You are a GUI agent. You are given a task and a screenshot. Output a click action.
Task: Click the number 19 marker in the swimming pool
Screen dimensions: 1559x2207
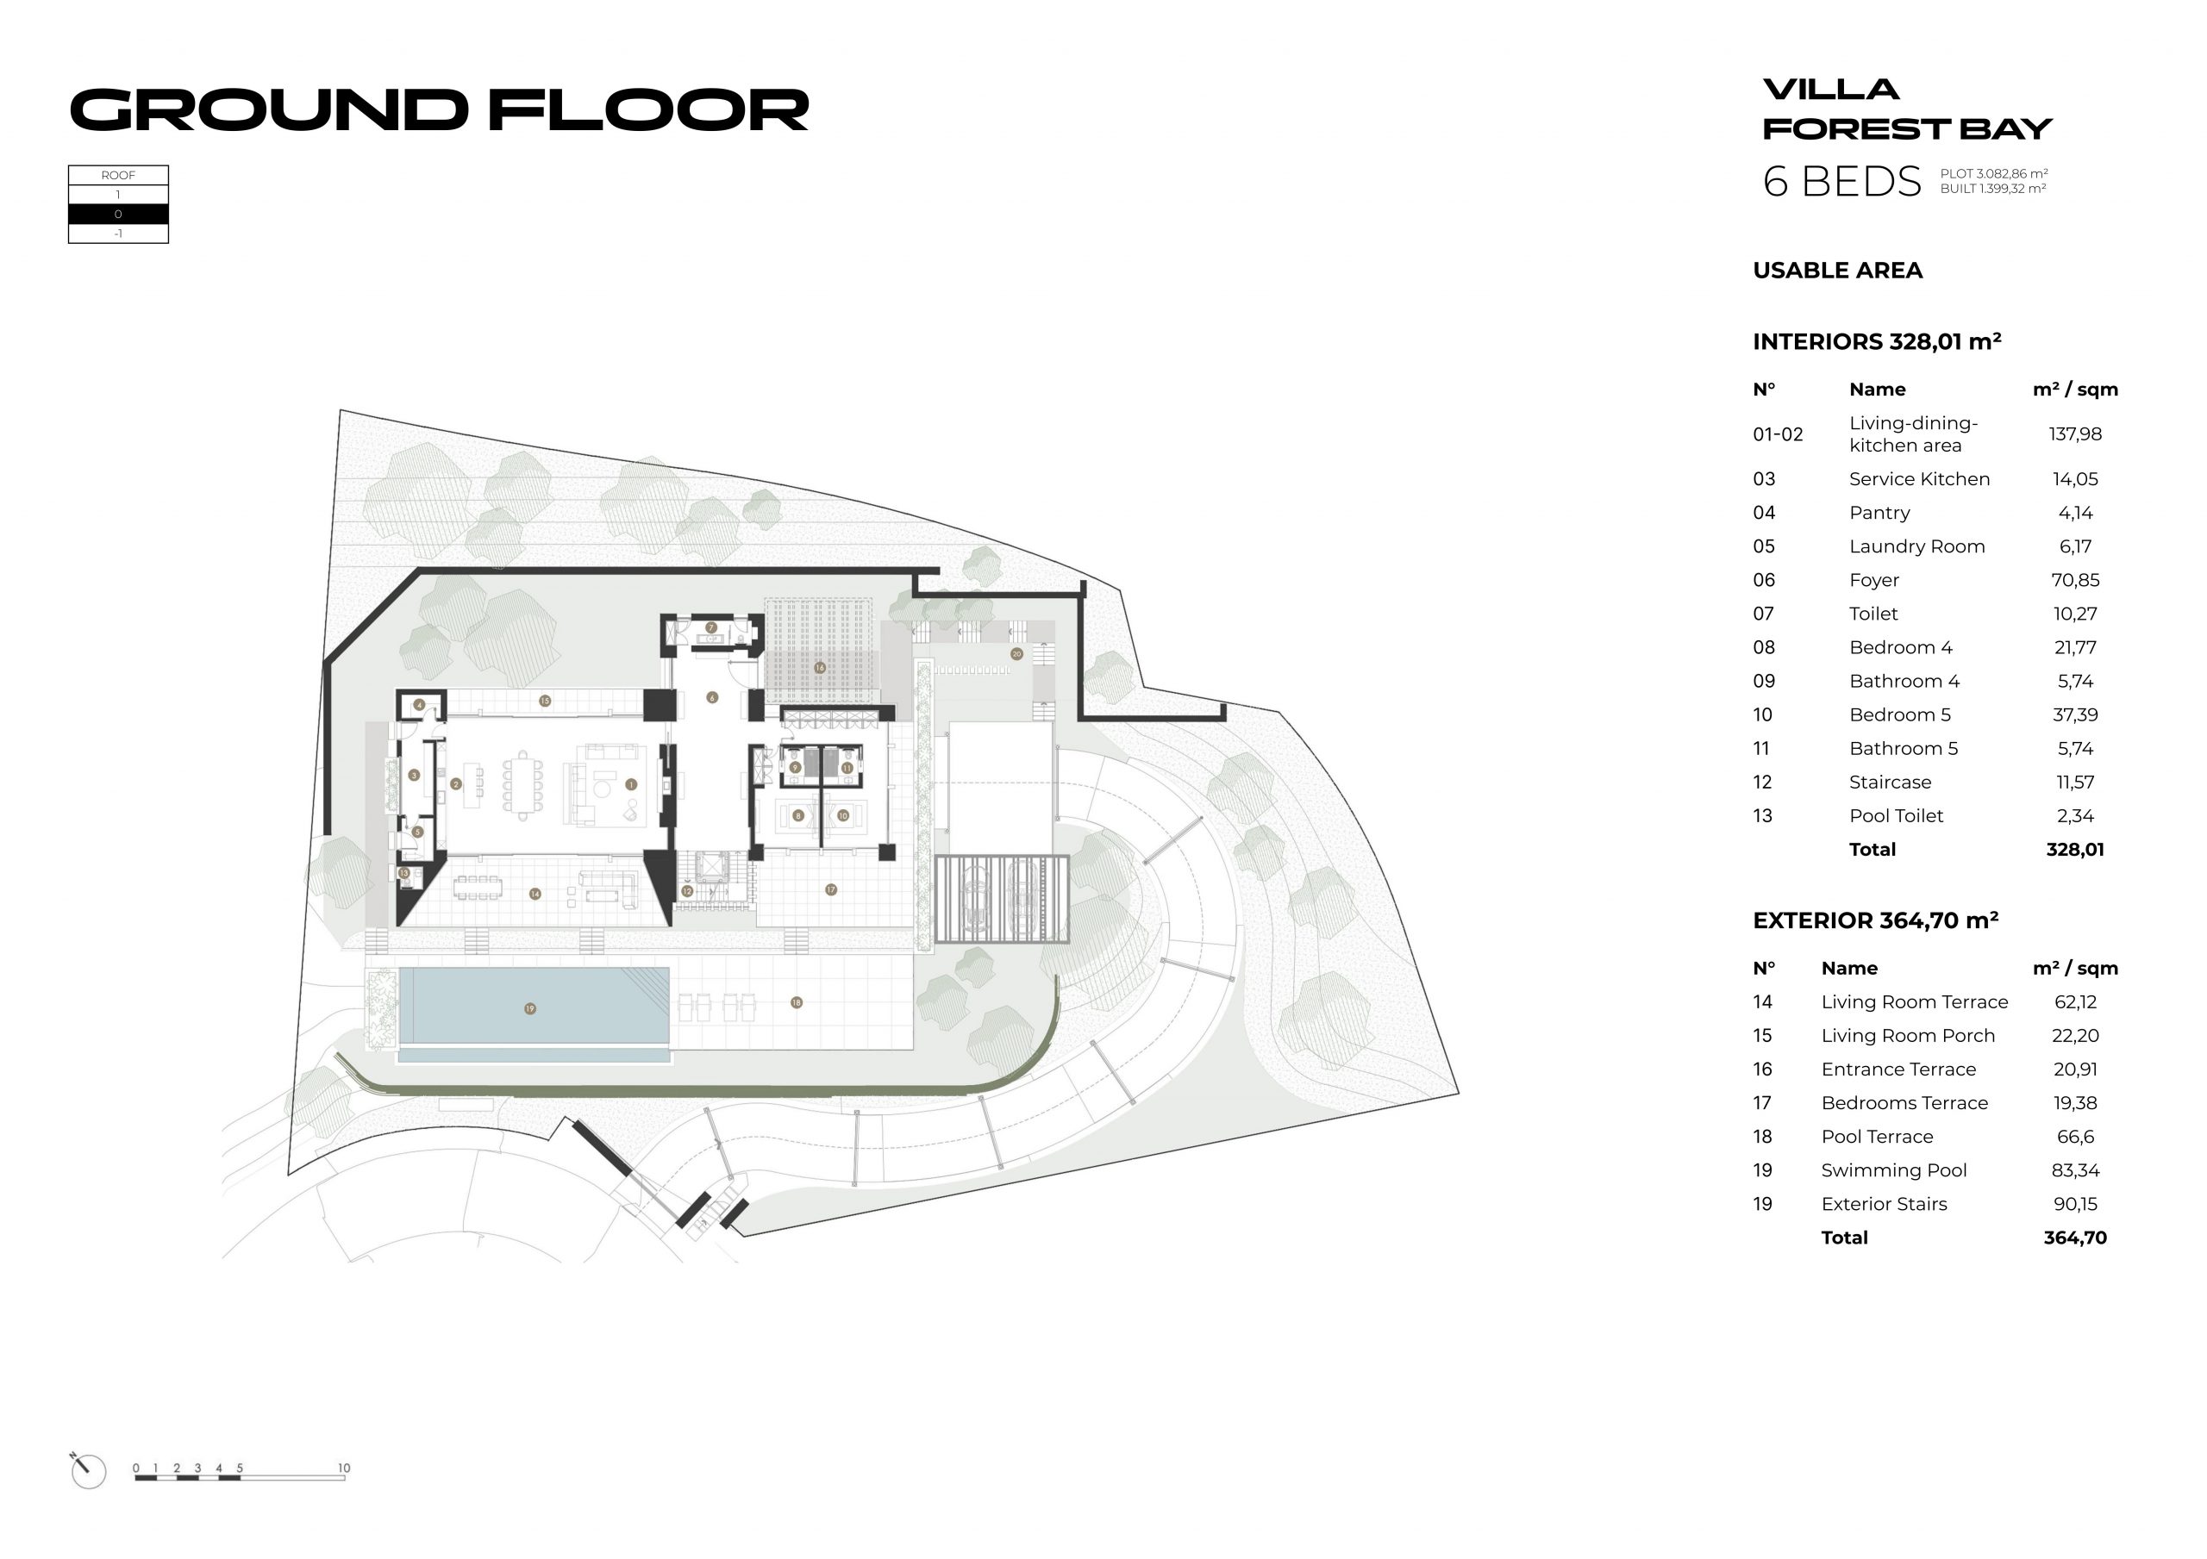[529, 1008]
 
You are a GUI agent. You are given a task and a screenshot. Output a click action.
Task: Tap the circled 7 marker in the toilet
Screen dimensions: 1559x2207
[711, 627]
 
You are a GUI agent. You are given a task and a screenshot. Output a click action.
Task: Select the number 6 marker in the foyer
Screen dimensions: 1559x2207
[712, 698]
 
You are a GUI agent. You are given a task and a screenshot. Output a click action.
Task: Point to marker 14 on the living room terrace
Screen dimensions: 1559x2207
[535, 894]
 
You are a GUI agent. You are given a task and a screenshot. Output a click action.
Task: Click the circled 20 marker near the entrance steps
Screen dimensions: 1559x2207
[1017, 653]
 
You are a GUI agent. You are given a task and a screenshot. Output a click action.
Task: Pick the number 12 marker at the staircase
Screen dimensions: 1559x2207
[687, 891]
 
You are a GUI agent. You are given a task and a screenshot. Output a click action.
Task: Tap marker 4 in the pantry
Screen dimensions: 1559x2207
[419, 705]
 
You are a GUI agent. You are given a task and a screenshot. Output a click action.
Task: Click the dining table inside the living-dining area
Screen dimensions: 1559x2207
[523, 784]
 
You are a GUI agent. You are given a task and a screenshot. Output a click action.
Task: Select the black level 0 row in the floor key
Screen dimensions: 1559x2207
[118, 215]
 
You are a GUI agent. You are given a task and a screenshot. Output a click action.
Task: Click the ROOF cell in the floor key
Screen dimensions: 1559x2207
[118, 175]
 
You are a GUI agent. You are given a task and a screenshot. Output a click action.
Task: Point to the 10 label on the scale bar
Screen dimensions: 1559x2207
[344, 1468]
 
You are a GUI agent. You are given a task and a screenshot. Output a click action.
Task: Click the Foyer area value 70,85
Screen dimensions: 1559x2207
[2074, 581]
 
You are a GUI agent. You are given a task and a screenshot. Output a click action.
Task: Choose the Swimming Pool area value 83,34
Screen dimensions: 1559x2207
[2074, 1170]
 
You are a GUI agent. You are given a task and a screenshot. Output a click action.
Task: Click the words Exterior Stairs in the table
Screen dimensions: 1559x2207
[1883, 1204]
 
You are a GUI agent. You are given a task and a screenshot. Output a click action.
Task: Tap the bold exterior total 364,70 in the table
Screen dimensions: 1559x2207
[2074, 1238]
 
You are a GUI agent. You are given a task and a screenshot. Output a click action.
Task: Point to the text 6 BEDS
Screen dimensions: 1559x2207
[1841, 182]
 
